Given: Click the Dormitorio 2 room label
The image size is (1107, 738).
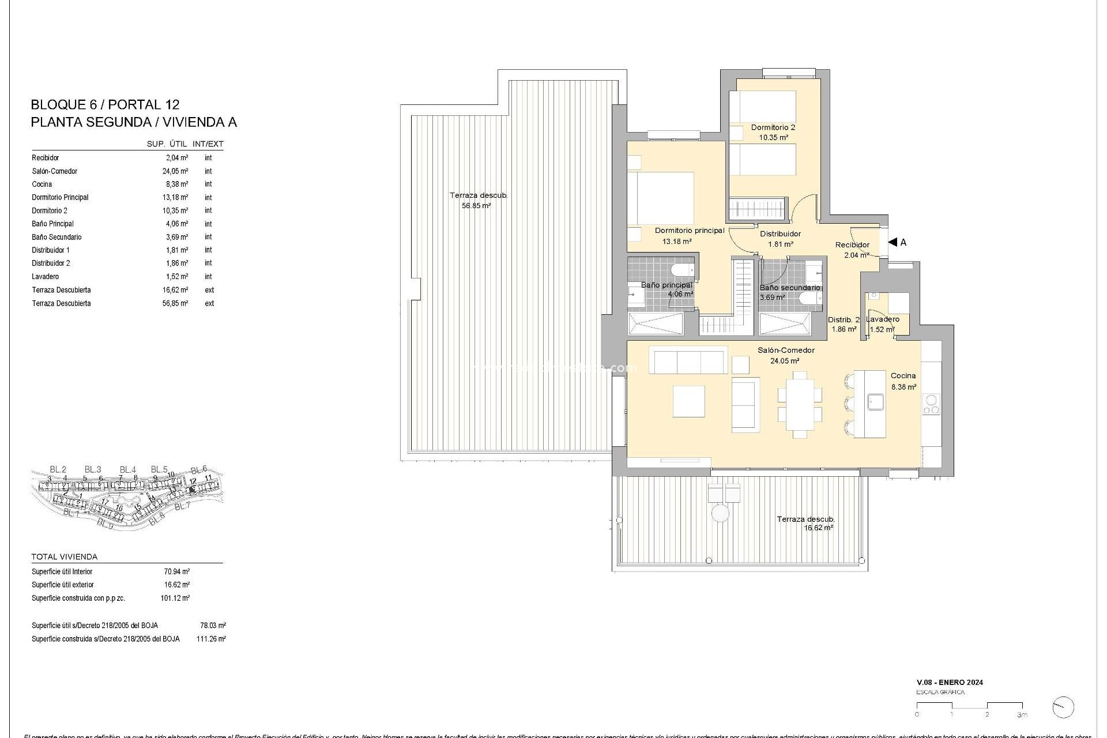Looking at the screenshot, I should click(773, 127).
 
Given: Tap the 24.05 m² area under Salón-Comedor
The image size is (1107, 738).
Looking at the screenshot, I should click(785, 362).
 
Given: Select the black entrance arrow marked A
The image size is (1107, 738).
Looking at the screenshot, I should click(893, 243).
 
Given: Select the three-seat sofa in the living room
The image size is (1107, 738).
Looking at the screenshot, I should click(688, 360).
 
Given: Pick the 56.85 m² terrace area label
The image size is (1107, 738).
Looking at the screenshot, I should click(476, 206).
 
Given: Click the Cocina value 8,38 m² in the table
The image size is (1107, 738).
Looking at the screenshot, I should click(176, 184).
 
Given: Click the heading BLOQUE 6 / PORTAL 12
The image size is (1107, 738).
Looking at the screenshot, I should click(105, 105).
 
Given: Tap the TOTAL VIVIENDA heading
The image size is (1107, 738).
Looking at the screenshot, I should click(65, 557).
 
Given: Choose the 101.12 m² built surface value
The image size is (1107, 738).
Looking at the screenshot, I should click(175, 598).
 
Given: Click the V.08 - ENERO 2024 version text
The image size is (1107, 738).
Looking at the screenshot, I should click(950, 683).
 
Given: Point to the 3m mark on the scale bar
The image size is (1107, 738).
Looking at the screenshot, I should click(1022, 715).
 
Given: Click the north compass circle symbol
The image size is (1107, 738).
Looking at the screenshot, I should click(1063, 707).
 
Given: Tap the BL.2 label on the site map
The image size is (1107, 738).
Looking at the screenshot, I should click(58, 469).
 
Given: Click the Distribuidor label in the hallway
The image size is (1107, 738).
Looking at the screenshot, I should click(780, 234).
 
